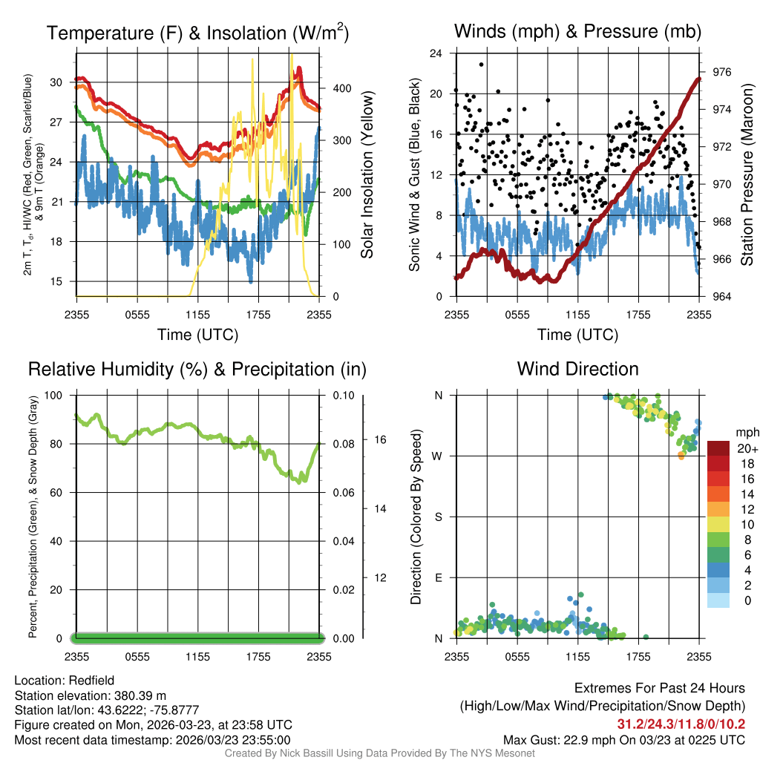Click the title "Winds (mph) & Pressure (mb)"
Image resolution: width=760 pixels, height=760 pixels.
pos(577,32)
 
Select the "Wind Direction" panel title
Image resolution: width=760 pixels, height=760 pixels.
pos(577,369)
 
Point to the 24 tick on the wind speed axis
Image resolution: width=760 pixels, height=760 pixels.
pos(436,53)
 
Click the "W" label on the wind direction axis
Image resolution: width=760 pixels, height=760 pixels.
pos(439,456)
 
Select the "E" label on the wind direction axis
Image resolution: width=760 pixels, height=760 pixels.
pos(439,577)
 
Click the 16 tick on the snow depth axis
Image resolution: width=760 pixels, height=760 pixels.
pos(380,439)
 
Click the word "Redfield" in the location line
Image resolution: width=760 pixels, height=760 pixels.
pos(91,681)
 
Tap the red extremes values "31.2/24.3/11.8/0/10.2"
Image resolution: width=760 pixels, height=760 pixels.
pos(681,724)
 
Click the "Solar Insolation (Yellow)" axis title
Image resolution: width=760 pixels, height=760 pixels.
pos(367,175)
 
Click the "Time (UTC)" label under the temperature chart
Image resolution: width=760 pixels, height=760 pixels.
pos(197,335)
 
